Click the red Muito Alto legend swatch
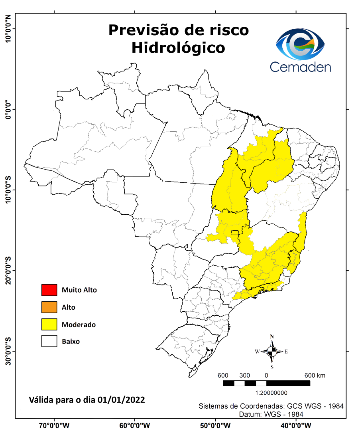49,290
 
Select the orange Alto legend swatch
49,307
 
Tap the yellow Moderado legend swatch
49,324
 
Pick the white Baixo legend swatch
49,342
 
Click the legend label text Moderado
79,325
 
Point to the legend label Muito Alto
79,290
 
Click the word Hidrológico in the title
178,47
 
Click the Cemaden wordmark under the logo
300,66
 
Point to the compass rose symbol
272,352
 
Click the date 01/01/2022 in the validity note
122,399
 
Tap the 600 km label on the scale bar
315,376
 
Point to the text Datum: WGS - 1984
271,415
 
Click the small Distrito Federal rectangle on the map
235,233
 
